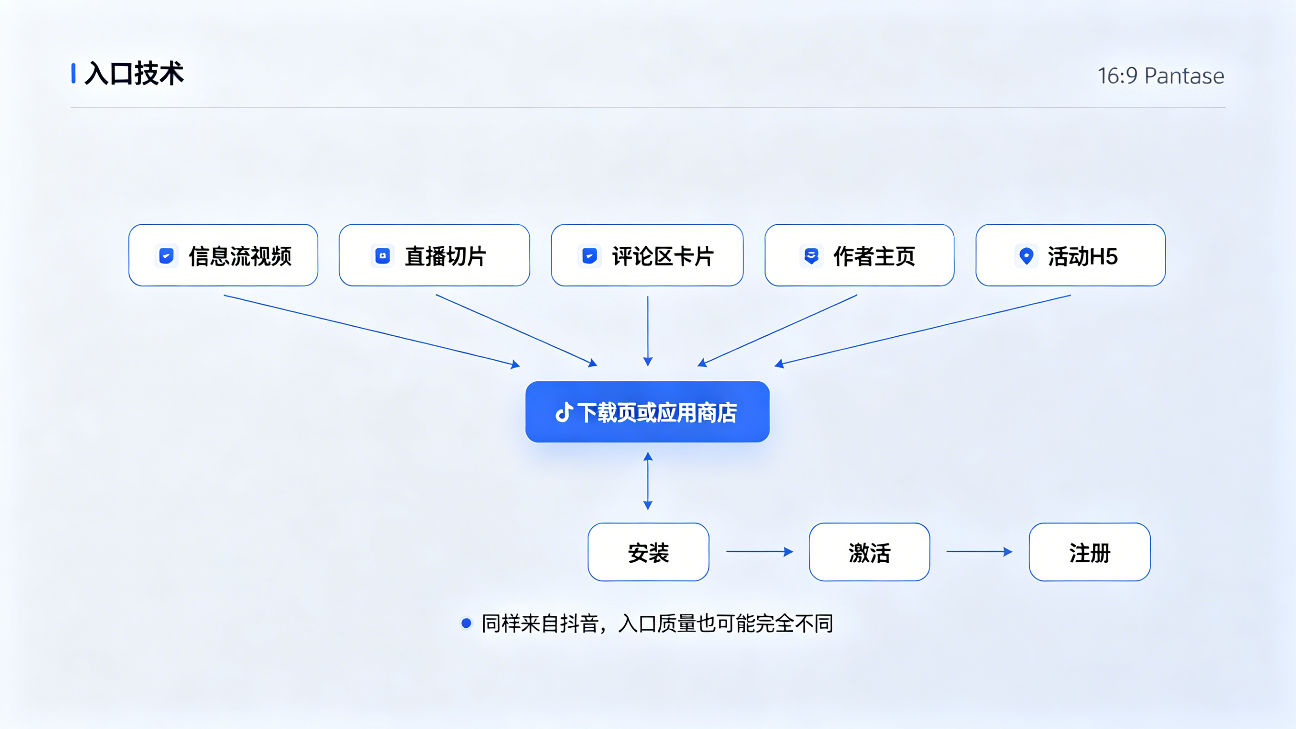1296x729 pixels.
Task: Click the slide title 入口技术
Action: tap(134, 74)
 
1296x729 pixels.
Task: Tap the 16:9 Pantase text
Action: tap(1160, 76)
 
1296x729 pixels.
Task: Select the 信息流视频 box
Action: tap(223, 255)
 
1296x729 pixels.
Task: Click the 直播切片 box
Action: tap(434, 255)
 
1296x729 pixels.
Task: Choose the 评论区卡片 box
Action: tap(647, 255)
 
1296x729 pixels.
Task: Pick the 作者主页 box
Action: tap(859, 255)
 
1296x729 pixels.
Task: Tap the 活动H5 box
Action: tap(1070, 255)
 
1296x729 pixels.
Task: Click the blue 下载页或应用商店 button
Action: tap(647, 412)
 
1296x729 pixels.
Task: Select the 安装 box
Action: tap(648, 552)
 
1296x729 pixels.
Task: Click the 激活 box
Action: tap(869, 552)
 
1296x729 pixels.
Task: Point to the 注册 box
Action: tap(1089, 552)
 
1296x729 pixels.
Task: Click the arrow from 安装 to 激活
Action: tap(759, 552)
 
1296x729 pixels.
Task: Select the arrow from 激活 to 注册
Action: tap(979, 552)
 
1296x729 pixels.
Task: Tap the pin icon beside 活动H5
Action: tap(1026, 256)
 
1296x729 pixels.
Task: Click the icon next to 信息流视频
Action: tap(166, 256)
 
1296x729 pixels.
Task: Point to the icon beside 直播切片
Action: tap(382, 256)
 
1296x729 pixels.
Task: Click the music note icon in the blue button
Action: tap(564, 412)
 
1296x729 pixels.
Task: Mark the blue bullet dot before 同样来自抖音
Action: tap(466, 623)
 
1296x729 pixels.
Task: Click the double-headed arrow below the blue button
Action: tap(648, 481)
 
